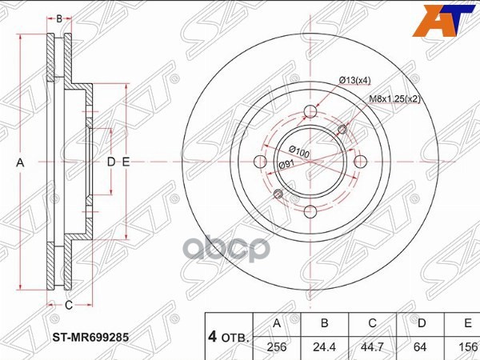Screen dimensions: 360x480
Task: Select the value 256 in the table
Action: [x=278, y=348]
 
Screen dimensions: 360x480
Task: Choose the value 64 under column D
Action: [x=421, y=348]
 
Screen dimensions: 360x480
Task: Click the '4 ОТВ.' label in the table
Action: [x=226, y=336]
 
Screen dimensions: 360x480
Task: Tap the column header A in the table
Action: [x=278, y=324]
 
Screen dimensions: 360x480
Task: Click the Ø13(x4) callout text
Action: [x=355, y=79]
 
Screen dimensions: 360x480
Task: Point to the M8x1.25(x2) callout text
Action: [x=395, y=98]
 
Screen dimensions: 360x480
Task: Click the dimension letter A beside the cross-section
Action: [x=22, y=162]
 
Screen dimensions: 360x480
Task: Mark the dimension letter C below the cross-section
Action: [x=68, y=305]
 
